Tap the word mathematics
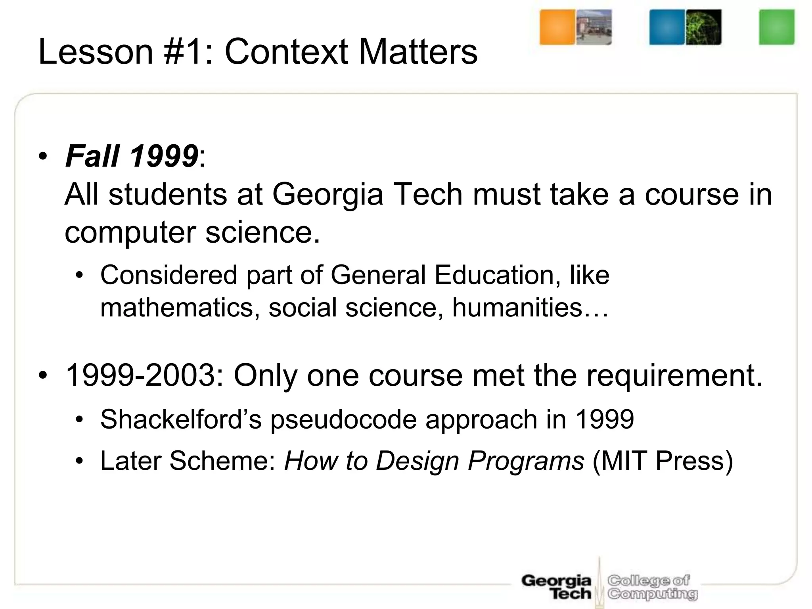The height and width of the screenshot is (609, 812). point(177,307)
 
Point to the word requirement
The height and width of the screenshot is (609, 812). point(674,375)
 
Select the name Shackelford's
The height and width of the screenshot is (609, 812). point(181,419)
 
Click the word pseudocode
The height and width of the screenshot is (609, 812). point(343,419)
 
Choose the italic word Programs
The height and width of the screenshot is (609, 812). point(526,461)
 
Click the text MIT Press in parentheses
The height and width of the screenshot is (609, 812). point(663,461)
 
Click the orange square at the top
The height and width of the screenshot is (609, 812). point(557,27)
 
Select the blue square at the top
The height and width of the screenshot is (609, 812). point(667,27)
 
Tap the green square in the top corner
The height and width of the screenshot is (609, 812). point(777,27)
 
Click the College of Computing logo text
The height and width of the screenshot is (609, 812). point(652,587)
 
